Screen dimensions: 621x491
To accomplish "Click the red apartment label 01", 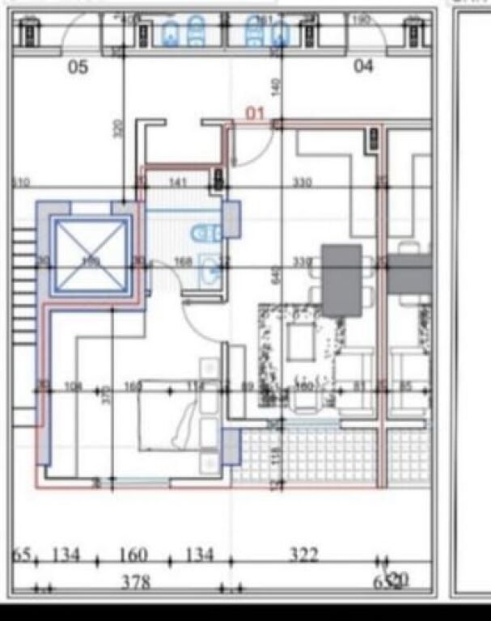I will (256, 114).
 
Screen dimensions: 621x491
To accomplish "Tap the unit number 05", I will (78, 67).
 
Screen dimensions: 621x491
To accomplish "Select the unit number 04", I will (364, 66).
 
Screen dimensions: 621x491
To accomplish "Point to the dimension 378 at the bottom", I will (135, 583).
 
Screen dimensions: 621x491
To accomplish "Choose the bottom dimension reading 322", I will (304, 556).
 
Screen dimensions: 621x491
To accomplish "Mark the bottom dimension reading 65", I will (22, 556).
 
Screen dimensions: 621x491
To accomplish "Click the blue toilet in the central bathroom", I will (205, 234).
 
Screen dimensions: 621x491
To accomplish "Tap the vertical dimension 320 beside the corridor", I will (118, 129).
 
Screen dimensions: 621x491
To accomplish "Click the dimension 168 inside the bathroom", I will (184, 260).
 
